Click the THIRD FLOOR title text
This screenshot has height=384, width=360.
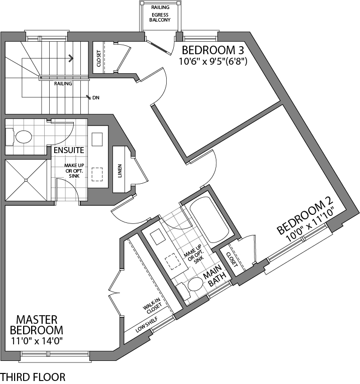pos(33,376)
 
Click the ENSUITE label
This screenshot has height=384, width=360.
pos(69,150)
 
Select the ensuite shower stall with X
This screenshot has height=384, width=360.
pos(27,181)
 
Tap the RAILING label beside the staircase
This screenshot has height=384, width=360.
pos(64,84)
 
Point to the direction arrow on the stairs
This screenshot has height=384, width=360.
pos(70,58)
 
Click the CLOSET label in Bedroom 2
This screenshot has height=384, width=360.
pos(231,258)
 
